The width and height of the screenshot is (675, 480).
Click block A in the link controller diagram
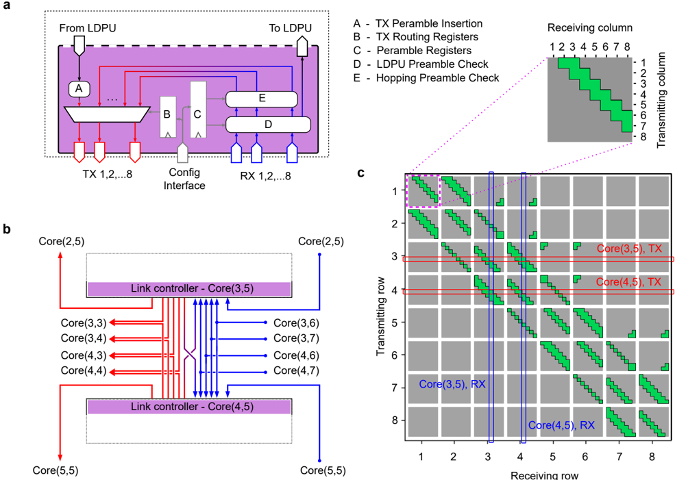click(79, 88)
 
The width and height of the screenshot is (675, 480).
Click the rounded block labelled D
click(268, 125)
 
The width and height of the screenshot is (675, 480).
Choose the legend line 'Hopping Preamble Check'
click(430, 78)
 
